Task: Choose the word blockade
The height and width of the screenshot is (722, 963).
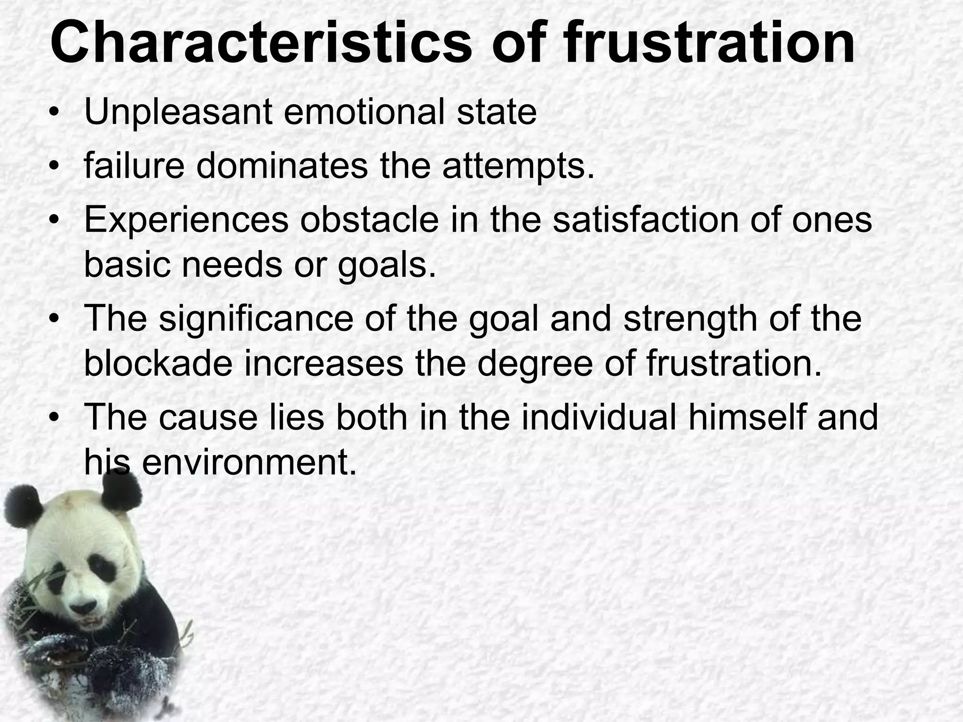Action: click(158, 364)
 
